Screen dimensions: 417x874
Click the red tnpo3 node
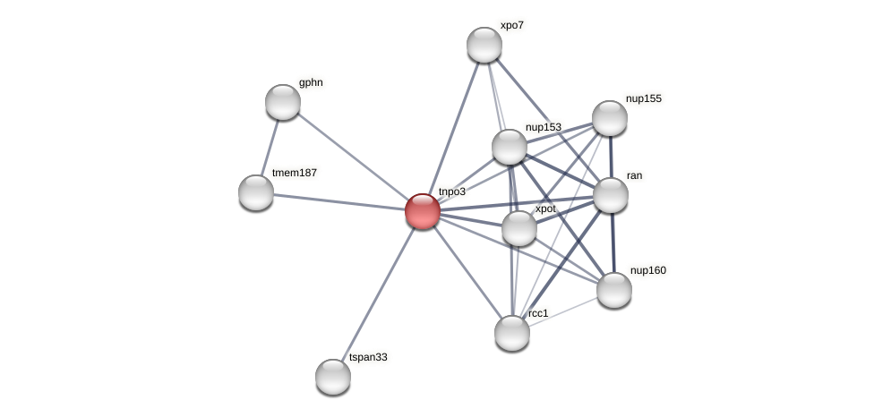[422, 211]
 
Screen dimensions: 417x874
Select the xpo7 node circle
[484, 45]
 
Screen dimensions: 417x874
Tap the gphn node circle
[283, 102]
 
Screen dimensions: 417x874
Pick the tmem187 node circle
[256, 192]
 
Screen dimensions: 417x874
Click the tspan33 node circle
[333, 377]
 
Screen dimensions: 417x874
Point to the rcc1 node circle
[512, 333]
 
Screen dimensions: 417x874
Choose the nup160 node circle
[614, 290]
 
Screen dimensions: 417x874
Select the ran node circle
[611, 195]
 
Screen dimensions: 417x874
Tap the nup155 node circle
[610, 118]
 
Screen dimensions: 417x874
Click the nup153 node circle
[510, 147]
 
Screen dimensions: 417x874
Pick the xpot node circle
[519, 228]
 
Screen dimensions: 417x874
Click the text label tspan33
[368, 357]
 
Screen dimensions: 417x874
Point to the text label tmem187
[295, 173]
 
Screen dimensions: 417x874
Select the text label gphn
[311, 82]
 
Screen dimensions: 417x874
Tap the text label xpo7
[512, 25]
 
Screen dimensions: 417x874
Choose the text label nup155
[644, 98]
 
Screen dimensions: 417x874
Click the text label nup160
[648, 270]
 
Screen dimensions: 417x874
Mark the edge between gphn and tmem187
[270, 147]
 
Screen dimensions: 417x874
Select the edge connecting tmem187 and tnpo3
[338, 201]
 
